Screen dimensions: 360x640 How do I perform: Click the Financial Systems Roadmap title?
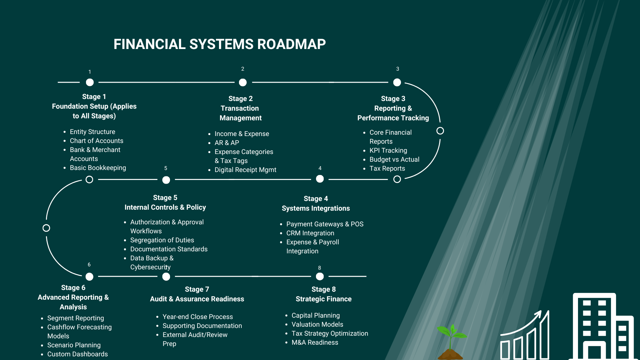[x=219, y=44]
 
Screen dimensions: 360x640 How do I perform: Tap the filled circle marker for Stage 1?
[x=90, y=82]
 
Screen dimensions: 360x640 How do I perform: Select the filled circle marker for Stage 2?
[x=243, y=82]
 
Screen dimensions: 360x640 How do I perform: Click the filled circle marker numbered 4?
[x=320, y=179]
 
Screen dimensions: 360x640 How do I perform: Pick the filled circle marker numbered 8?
[x=320, y=276]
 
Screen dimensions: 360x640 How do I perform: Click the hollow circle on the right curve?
[x=440, y=131]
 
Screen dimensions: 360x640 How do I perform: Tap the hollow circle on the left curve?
[x=46, y=228]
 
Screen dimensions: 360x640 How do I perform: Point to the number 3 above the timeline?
[x=397, y=69]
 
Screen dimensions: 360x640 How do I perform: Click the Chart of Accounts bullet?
[x=96, y=141]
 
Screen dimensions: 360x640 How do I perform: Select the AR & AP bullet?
[x=227, y=143]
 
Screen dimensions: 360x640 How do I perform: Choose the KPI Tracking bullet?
[x=388, y=150]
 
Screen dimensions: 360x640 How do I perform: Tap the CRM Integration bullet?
[x=310, y=233]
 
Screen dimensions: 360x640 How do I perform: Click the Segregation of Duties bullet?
[x=162, y=240]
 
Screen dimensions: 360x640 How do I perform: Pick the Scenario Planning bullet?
[x=74, y=345]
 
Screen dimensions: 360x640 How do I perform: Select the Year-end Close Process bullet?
[x=197, y=317]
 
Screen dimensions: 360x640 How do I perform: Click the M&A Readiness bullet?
[x=315, y=342]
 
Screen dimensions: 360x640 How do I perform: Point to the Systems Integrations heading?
[x=316, y=208]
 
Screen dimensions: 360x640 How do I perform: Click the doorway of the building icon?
[x=594, y=352]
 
